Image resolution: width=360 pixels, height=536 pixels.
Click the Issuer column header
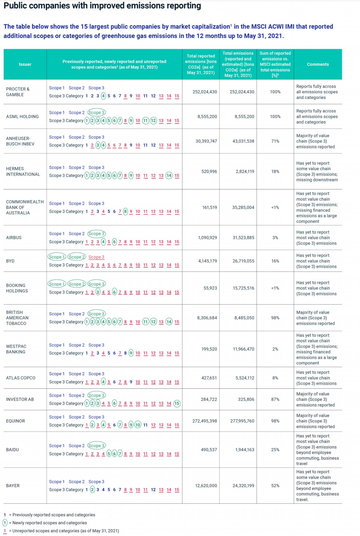click(25, 64)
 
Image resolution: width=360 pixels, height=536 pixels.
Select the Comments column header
click(318, 64)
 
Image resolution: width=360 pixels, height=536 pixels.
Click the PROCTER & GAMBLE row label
click(18, 92)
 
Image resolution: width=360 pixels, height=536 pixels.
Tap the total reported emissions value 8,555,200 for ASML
click(207, 117)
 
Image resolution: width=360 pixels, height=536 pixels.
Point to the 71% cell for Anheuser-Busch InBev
click(275, 141)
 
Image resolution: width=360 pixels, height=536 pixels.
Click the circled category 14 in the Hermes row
click(169, 176)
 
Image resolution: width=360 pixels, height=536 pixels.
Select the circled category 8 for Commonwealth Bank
click(125, 212)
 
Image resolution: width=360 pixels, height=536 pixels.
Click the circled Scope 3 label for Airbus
click(96, 234)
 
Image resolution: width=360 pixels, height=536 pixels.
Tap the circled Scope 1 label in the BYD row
click(57, 257)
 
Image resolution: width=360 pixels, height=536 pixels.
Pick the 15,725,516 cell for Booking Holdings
click(243, 288)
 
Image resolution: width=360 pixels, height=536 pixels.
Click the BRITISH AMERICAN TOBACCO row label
click(17, 318)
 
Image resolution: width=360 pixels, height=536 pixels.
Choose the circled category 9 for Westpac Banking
click(131, 353)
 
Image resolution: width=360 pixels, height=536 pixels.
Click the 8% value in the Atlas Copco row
click(275, 378)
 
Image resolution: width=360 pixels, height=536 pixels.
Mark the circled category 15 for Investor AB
click(177, 403)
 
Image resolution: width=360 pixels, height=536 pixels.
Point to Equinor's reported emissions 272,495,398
click(204, 421)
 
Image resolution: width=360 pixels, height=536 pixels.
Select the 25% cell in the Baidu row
click(275, 450)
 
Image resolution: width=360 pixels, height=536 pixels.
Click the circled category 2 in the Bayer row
click(92, 490)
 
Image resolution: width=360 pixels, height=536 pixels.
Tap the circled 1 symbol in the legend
click(5, 523)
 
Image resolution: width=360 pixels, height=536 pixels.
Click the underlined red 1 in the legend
click(5, 531)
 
